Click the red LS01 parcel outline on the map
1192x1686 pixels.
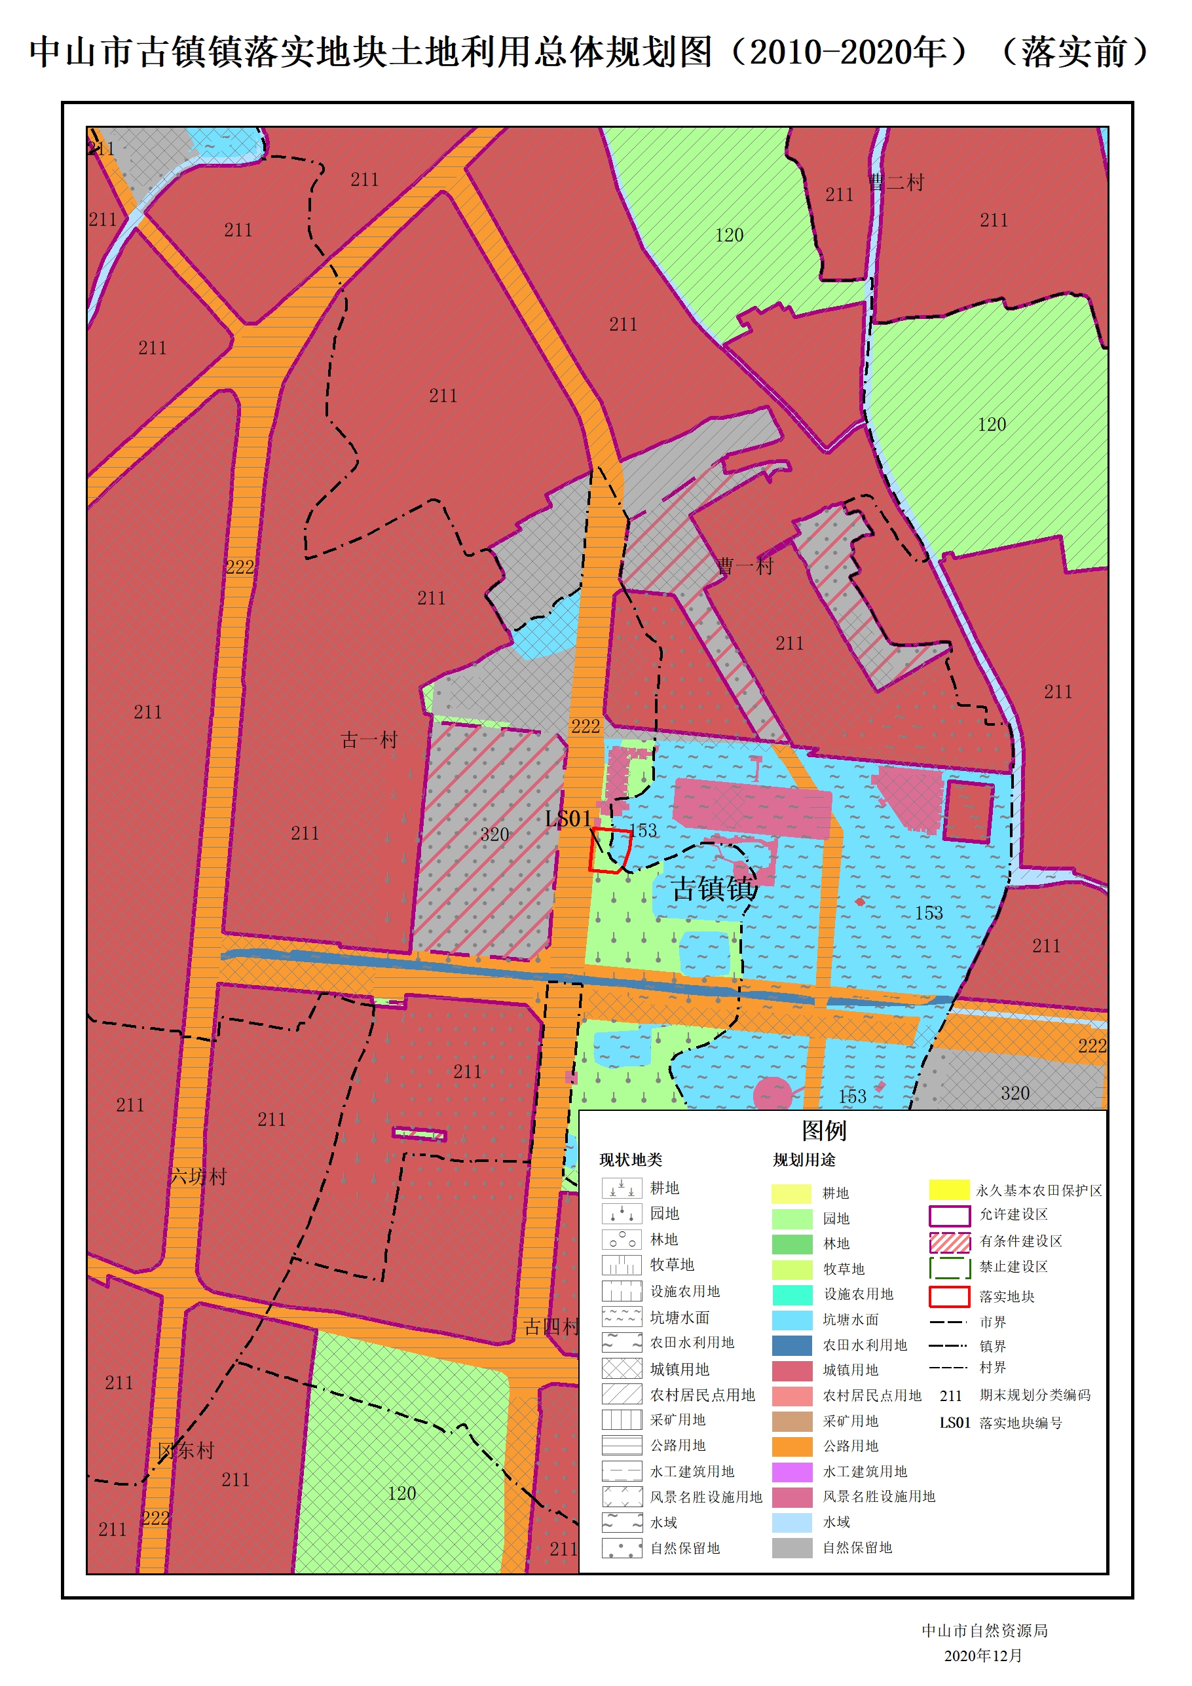pyautogui.click(x=610, y=850)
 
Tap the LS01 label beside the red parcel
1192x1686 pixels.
pyautogui.click(x=568, y=819)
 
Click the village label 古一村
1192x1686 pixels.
pyautogui.click(x=369, y=740)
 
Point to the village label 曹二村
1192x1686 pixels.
pyautogui.click(x=896, y=182)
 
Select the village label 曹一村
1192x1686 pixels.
pyautogui.click(x=745, y=565)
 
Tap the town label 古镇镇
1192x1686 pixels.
pyautogui.click(x=714, y=889)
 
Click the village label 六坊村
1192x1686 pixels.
pyautogui.click(x=198, y=1176)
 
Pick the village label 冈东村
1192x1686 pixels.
pyautogui.click(x=185, y=1450)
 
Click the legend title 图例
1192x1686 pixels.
pyautogui.click(x=823, y=1131)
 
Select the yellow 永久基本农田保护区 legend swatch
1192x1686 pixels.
pyautogui.click(x=949, y=1190)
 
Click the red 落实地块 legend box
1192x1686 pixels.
pyautogui.click(x=949, y=1297)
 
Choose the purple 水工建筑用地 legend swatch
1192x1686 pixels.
pyautogui.click(x=792, y=1472)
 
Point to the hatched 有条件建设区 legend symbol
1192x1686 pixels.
pyautogui.click(x=949, y=1242)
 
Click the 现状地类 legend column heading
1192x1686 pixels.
pyautogui.click(x=630, y=1160)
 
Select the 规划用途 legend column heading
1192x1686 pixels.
pyautogui.click(x=804, y=1160)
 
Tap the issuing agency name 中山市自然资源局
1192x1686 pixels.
pyautogui.click(x=984, y=1630)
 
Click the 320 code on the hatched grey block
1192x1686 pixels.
pyautogui.click(x=494, y=834)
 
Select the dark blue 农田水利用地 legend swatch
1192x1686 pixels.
pyautogui.click(x=792, y=1345)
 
